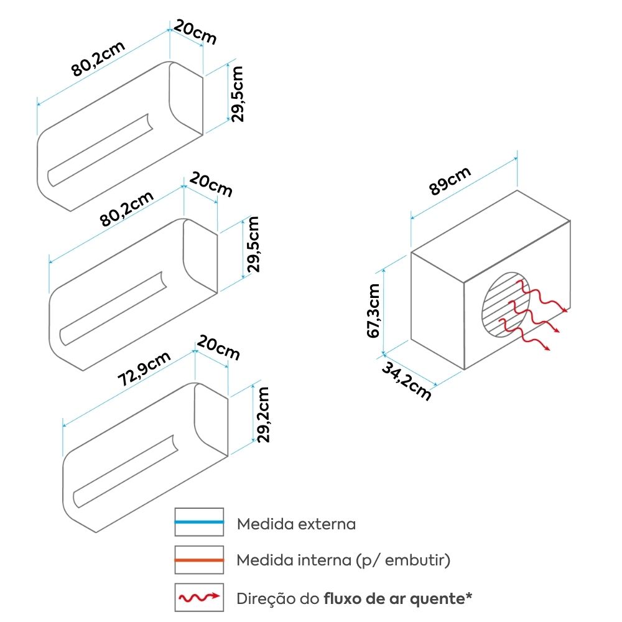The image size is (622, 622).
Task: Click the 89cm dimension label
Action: click(450, 181)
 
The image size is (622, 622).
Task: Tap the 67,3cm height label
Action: click(373, 310)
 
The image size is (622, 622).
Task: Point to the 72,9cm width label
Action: click(144, 368)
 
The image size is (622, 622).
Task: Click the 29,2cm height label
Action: click(263, 414)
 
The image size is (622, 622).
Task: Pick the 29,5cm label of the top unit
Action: click(237, 94)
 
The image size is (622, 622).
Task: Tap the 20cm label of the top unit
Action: click(195, 32)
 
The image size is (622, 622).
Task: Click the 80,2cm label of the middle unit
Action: click(126, 208)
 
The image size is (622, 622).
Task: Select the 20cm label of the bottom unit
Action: click(218, 348)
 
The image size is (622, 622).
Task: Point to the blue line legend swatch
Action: click(199, 522)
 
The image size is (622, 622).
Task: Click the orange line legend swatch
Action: click(199, 560)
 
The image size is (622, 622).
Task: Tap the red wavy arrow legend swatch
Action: click(199, 597)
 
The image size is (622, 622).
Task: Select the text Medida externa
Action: click(296, 524)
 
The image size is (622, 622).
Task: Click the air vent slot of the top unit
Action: click(100, 150)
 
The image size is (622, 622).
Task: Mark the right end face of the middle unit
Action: click(200, 256)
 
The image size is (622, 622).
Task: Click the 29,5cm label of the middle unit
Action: click(253, 244)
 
